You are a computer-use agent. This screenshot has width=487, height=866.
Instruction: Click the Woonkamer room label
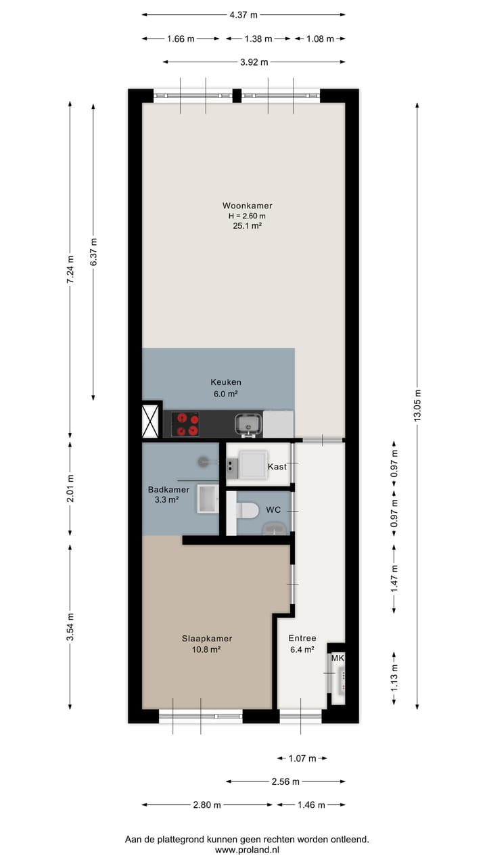click(247, 206)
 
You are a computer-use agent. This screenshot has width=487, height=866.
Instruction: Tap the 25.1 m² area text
click(247, 227)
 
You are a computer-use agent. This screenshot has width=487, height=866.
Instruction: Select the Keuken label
click(225, 382)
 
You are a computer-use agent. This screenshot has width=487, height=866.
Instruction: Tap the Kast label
click(277, 467)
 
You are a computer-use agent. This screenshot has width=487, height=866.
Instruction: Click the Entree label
click(302, 638)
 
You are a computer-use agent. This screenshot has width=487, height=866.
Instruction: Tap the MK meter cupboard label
click(337, 658)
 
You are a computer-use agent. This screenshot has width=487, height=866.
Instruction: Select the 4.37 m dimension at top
click(243, 14)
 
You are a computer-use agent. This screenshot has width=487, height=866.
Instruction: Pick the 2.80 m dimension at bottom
click(207, 805)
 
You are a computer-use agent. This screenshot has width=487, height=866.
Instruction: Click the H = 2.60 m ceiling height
click(247, 216)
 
